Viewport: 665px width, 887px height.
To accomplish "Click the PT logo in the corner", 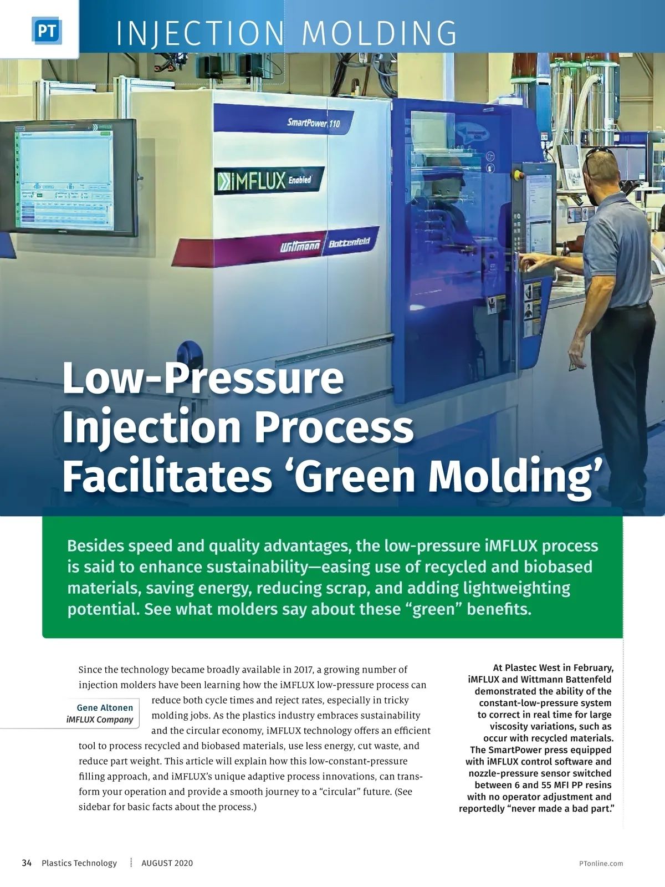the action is pos(47,30).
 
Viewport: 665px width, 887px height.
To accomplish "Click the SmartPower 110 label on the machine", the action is pos(314,123).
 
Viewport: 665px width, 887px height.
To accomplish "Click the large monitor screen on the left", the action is pos(65,178).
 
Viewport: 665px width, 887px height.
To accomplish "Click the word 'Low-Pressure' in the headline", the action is pos(203,378).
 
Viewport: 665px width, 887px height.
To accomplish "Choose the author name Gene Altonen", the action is pos(105,707).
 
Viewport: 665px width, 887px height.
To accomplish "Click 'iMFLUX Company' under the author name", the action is pos(100,720).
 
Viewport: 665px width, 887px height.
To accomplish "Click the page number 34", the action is pos(27,863).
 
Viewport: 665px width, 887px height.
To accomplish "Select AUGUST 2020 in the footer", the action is pos(167,863).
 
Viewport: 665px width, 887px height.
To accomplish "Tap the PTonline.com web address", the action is pos(601,864).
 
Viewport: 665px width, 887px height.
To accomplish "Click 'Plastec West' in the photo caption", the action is pos(533,667).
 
